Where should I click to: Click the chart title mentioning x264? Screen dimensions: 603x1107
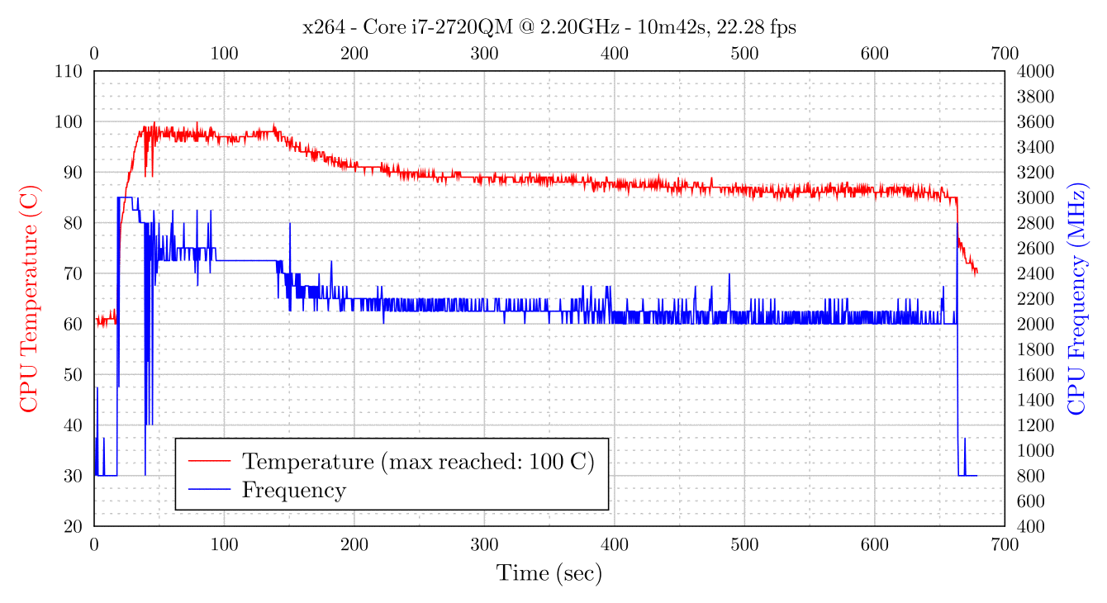pyautogui.click(x=549, y=27)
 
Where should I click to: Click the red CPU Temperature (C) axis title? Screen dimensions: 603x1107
pyautogui.click(x=29, y=299)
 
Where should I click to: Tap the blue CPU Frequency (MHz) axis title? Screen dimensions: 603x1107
pyautogui.click(x=1078, y=299)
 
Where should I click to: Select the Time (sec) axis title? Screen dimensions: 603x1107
pyautogui.click(x=549, y=573)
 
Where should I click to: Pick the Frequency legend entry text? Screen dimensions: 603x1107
pyautogui.click(x=293, y=490)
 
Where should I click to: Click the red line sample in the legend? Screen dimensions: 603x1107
pyautogui.click(x=209, y=460)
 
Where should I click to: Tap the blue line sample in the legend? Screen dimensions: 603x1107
pyautogui.click(x=209, y=490)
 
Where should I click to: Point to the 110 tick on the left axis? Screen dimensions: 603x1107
pyautogui.click(x=70, y=72)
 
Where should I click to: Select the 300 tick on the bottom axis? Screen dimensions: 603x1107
pyautogui.click(x=484, y=544)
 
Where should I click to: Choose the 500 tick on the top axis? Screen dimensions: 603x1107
pyautogui.click(x=744, y=55)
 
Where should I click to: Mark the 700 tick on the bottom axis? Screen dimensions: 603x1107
pyautogui.click(x=1005, y=544)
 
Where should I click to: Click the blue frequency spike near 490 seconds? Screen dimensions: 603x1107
pyautogui.click(x=729, y=275)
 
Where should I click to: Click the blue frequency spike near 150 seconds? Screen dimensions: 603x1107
pyautogui.click(x=290, y=224)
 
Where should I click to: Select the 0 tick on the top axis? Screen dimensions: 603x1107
pyautogui.click(x=94, y=55)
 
